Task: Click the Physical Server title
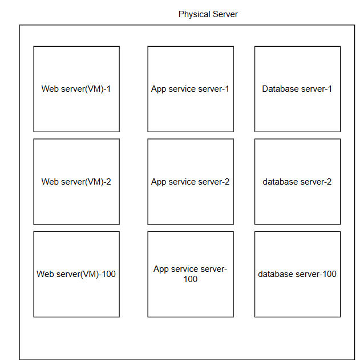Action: (208, 14)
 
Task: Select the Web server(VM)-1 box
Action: (76, 89)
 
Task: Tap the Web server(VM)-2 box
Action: (76, 182)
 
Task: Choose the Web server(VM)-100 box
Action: (76, 274)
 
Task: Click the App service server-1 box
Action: (191, 89)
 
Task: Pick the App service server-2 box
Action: (191, 182)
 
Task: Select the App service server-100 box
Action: (191, 274)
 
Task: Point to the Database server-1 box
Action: (297, 89)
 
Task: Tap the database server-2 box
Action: (297, 182)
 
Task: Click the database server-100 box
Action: (297, 274)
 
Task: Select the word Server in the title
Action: (224, 14)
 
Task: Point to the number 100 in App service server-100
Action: (191, 279)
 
